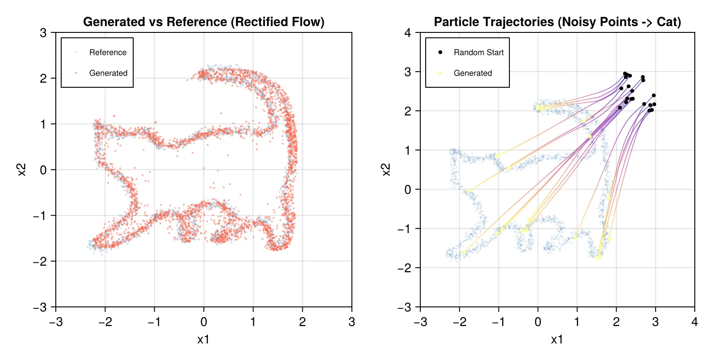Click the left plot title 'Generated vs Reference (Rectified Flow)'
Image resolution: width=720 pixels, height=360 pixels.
point(203,22)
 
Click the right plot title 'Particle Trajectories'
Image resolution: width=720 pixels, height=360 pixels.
point(557,22)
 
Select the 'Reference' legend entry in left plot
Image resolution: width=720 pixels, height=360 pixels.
point(108,52)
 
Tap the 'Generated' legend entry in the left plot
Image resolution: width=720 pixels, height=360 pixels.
point(108,73)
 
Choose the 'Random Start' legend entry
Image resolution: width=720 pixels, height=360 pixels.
point(478,52)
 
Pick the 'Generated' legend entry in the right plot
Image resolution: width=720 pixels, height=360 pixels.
point(472,73)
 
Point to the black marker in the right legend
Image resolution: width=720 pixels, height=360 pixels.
point(440,52)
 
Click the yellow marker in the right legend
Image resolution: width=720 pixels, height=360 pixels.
point(440,73)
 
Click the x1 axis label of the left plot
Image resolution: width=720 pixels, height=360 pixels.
point(203,340)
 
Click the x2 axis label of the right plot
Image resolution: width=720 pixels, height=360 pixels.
point(386,170)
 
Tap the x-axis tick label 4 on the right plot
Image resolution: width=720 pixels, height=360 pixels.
point(694,322)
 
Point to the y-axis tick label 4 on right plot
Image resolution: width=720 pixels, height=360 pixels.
point(408,32)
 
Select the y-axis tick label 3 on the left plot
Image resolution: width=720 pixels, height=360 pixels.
point(43,32)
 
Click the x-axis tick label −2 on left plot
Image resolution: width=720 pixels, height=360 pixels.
point(105,322)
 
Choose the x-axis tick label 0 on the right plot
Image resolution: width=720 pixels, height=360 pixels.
point(538,322)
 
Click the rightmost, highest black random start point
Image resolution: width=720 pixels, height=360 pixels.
point(653,95)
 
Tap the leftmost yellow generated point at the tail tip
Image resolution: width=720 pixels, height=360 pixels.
point(463,252)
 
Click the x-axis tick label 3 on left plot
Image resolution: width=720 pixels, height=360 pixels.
point(351,322)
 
